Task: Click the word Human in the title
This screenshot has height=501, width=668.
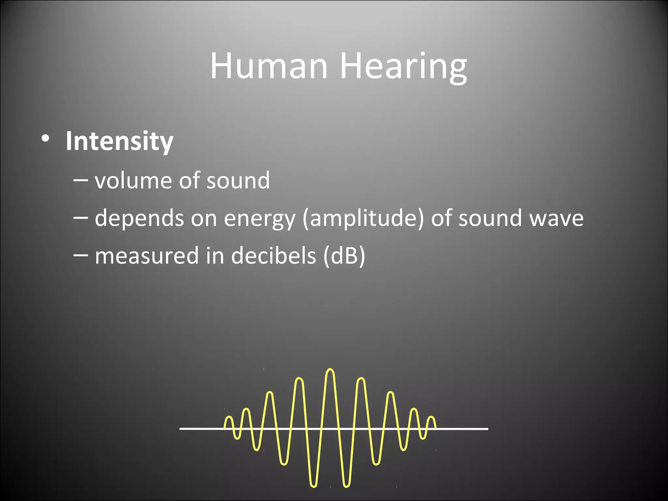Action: tap(269, 66)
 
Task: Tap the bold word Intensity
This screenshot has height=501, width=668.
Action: tap(119, 141)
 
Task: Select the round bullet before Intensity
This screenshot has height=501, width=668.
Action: tap(45, 139)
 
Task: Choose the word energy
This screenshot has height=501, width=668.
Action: tap(260, 219)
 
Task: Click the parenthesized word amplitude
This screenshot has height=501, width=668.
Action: tap(364, 218)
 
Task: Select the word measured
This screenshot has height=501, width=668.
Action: tap(146, 255)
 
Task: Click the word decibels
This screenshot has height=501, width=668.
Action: tap(273, 255)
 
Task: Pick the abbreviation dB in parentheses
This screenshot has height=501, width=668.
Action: tap(344, 255)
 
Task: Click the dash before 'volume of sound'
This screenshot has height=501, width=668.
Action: tap(80, 179)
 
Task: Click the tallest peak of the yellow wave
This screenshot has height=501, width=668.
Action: tap(330, 370)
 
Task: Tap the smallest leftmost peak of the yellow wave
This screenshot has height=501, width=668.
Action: tap(229, 418)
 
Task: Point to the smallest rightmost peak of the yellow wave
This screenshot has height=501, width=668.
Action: tap(431, 418)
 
